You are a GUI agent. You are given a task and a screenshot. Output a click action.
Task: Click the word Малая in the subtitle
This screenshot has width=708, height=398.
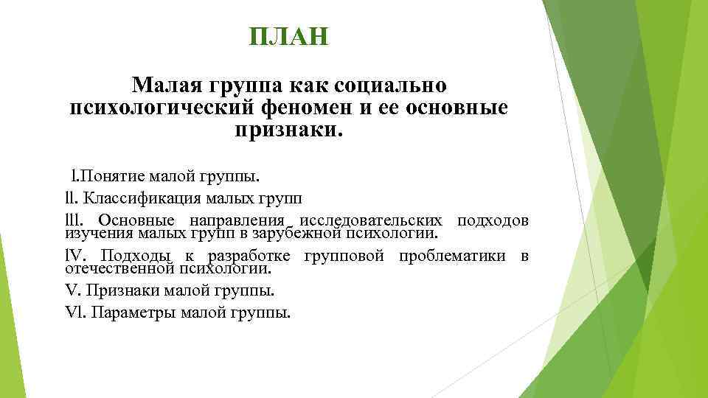(167, 85)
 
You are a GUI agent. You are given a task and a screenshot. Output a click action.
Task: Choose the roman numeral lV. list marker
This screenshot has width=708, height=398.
(76, 256)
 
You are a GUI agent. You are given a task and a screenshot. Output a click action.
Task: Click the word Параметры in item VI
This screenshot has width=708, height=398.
(131, 313)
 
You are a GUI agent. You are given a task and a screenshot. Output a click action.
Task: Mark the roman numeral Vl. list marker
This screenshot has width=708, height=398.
(76, 313)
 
